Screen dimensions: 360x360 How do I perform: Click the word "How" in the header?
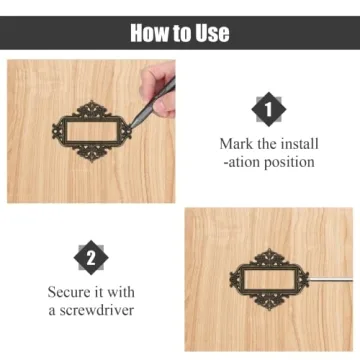click(x=147, y=33)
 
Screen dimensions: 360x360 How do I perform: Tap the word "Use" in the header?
click(x=212, y=33)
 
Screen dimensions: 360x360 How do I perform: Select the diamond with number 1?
click(x=269, y=109)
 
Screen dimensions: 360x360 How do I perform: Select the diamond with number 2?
click(x=91, y=258)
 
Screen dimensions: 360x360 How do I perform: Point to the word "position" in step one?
click(x=289, y=162)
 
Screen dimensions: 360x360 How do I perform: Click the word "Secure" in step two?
click(x=69, y=292)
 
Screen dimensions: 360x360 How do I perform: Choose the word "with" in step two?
click(x=121, y=292)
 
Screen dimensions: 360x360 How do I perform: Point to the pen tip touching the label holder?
click(x=131, y=127)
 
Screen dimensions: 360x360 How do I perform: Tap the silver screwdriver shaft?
click(x=330, y=279)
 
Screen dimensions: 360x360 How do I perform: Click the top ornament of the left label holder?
click(x=92, y=109)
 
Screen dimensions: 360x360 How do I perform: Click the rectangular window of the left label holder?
click(x=92, y=131)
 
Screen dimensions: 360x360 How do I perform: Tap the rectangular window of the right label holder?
click(x=269, y=279)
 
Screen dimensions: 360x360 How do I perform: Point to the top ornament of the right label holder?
click(x=269, y=257)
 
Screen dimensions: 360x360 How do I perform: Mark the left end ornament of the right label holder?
click(x=235, y=279)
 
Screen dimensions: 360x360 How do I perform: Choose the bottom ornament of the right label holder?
click(x=269, y=302)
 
